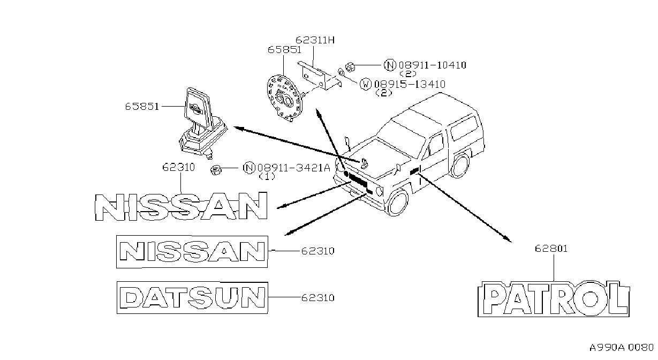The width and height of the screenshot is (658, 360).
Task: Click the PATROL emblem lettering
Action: click(554, 298)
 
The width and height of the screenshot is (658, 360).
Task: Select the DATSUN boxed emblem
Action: click(192, 298)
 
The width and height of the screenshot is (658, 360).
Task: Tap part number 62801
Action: click(551, 249)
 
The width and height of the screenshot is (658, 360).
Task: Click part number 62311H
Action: click(315, 40)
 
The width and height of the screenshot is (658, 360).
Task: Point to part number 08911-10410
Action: click(433, 65)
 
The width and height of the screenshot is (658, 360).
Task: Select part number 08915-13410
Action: click(410, 84)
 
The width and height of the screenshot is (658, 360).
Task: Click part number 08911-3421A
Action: click(294, 168)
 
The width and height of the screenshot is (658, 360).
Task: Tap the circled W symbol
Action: click(366, 84)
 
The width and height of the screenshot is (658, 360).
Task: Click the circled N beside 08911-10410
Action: click(390, 65)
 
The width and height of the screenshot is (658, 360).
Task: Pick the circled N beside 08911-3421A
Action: click(249, 168)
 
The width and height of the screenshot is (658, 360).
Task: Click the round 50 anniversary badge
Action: click(284, 98)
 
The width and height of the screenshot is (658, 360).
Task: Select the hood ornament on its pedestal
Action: click(203, 123)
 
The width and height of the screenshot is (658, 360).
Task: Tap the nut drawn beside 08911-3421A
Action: click(216, 170)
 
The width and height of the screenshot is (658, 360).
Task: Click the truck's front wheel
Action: click(397, 203)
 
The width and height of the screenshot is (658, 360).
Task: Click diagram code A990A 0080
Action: click(622, 348)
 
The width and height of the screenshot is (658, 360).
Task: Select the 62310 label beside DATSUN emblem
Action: click(318, 298)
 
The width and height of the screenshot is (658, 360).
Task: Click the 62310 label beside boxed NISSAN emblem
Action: click(318, 251)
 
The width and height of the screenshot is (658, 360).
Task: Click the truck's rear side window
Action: click(464, 128)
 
